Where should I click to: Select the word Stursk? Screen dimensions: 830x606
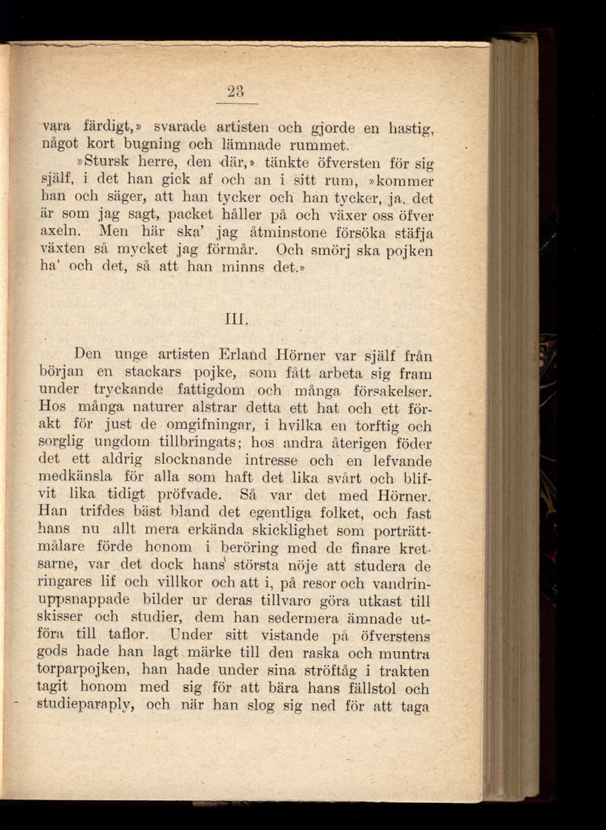click(110, 161)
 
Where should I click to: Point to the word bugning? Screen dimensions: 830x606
click(152, 145)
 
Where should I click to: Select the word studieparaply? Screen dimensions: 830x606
click(86, 704)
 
